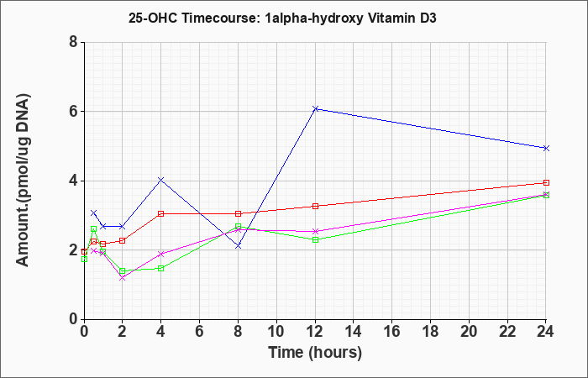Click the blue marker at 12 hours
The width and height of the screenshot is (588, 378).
(x=315, y=108)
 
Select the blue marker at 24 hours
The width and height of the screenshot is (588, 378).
(x=546, y=148)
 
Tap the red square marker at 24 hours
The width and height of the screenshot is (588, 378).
(x=546, y=182)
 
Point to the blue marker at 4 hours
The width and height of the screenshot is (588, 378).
(x=161, y=180)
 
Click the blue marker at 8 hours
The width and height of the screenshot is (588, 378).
(x=238, y=245)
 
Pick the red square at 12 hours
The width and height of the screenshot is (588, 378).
(x=315, y=206)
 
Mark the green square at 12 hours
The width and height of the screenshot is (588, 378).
(x=315, y=239)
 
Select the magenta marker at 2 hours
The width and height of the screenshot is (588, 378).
(x=123, y=278)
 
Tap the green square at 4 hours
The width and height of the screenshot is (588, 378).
(x=161, y=268)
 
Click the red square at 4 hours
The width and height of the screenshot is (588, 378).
(x=161, y=213)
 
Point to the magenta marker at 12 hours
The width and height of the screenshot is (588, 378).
(x=315, y=231)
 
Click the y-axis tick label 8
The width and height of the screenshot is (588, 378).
(x=74, y=42)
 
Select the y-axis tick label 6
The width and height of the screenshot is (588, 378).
(x=74, y=111)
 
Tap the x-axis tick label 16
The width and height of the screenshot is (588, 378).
(x=392, y=331)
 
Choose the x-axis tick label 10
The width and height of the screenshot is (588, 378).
(x=276, y=331)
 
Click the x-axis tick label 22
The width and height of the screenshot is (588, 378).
(x=507, y=331)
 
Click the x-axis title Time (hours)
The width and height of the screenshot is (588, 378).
(x=315, y=353)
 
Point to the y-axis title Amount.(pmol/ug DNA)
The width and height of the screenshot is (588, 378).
(x=24, y=180)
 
